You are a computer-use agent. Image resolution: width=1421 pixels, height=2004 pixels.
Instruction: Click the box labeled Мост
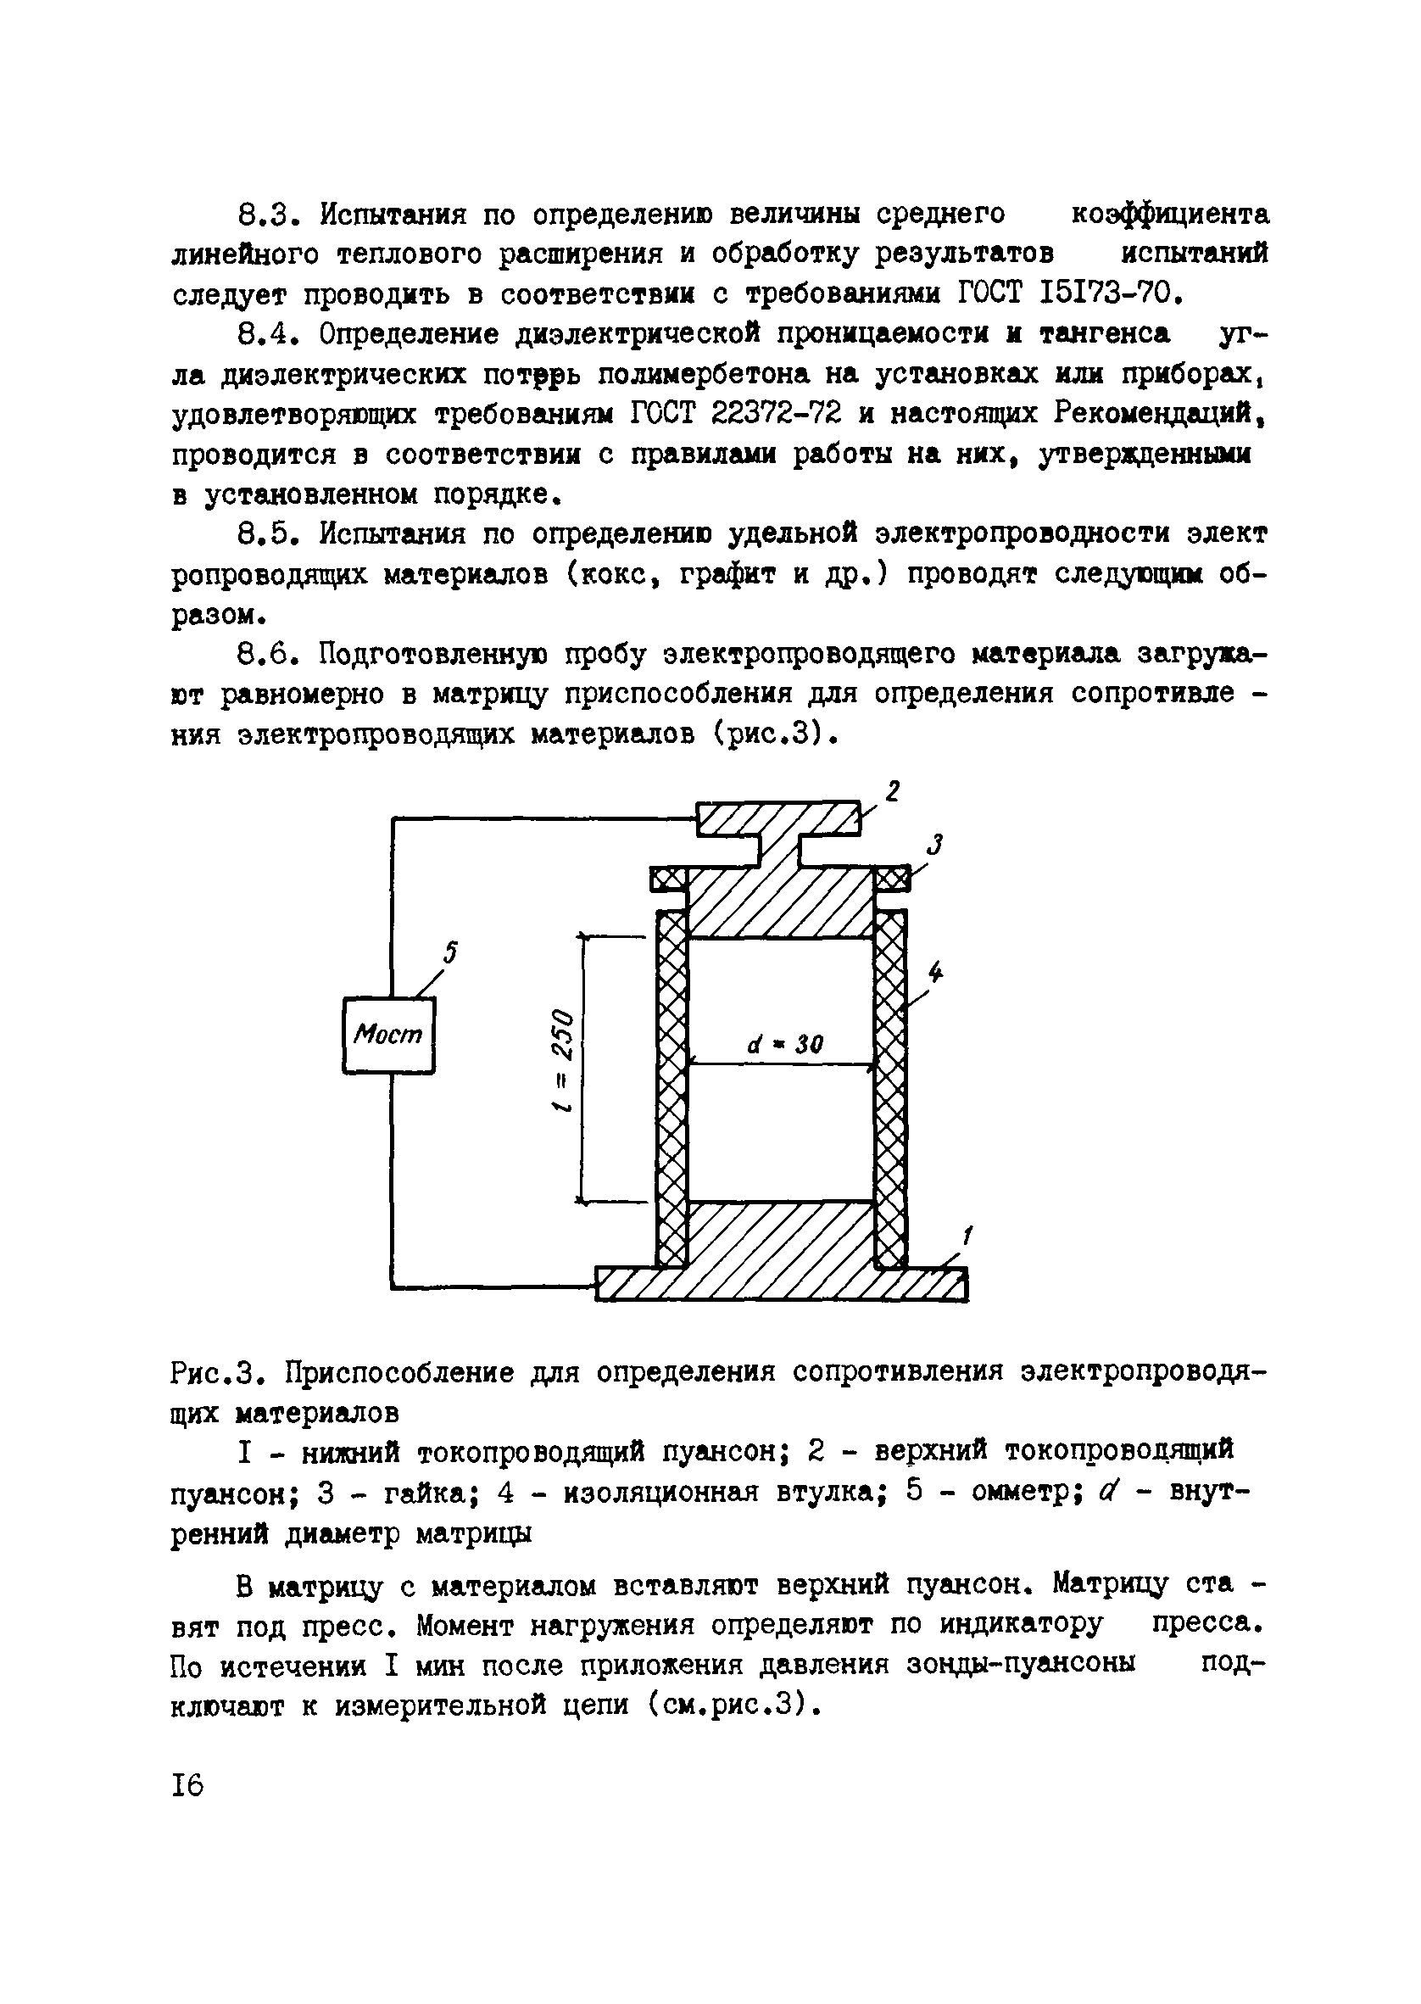[x=387, y=1035]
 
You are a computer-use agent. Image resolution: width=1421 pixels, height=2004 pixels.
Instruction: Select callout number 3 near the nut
[x=935, y=845]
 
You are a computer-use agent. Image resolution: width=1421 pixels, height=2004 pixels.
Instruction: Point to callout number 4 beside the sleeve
[x=936, y=971]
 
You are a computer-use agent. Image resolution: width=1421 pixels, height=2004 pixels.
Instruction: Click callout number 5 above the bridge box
[x=450, y=953]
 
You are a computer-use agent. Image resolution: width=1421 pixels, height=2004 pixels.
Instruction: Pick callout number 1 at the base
[x=967, y=1236]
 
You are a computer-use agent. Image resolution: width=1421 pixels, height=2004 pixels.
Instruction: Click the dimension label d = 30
[x=785, y=1044]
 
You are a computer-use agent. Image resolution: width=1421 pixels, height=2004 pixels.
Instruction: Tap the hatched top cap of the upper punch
[x=778, y=818]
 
